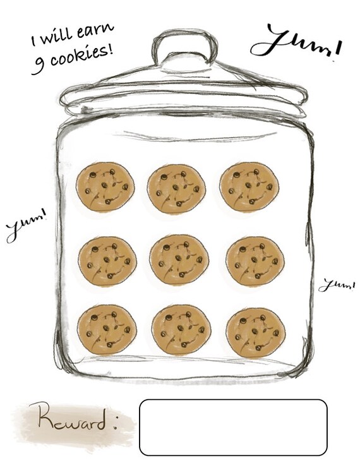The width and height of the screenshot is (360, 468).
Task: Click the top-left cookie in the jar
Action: tap(105, 187)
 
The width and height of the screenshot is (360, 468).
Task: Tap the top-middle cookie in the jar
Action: tap(176, 188)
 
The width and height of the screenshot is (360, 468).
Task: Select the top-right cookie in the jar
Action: tap(249, 186)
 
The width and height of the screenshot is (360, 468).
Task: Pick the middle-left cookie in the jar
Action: tap(107, 261)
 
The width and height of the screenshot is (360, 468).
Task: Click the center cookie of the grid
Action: tap(179, 260)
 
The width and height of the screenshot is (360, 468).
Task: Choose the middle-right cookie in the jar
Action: tap(255, 261)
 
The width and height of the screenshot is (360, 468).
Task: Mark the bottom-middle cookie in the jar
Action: tap(181, 330)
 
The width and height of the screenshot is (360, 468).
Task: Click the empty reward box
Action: tap(233, 427)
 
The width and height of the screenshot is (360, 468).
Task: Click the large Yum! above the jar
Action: tap(296, 43)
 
